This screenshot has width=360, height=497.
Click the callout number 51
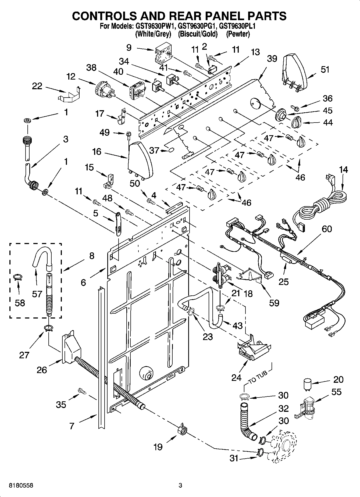coord(325,70)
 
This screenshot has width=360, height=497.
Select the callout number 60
coord(326,229)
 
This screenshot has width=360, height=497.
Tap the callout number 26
coord(42,370)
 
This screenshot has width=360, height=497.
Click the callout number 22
coord(37,86)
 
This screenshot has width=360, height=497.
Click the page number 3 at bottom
coord(180,485)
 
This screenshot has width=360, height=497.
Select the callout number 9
coord(129,48)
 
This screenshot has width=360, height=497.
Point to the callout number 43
coord(237,326)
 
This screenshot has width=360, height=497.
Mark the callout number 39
coord(272,58)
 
